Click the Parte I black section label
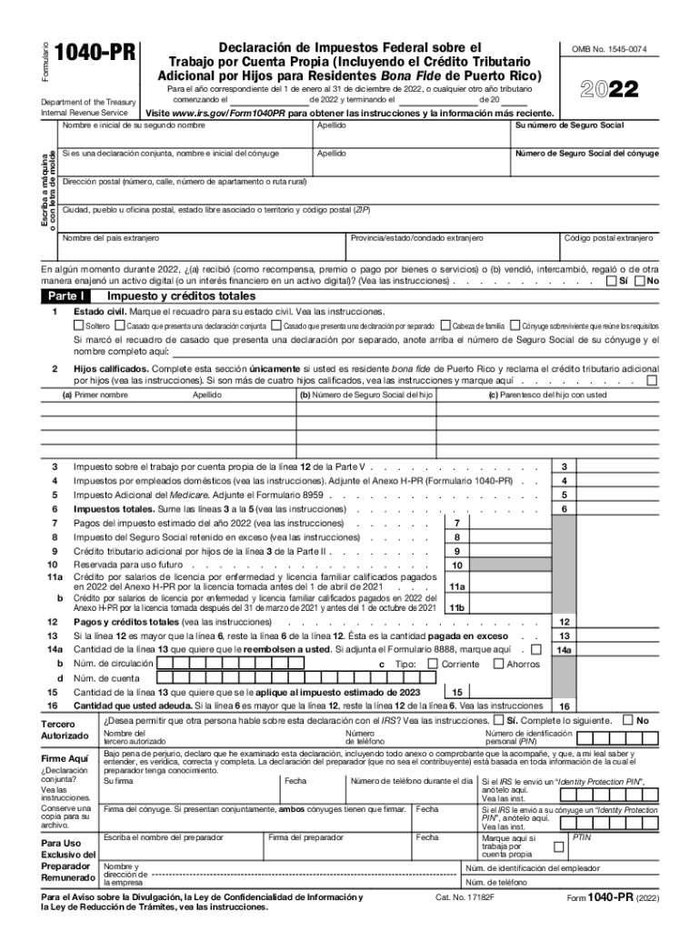tap(65, 296)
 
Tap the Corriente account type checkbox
tap(433, 664)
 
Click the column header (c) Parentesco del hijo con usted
tap(547, 395)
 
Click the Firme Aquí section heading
tap(65, 758)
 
